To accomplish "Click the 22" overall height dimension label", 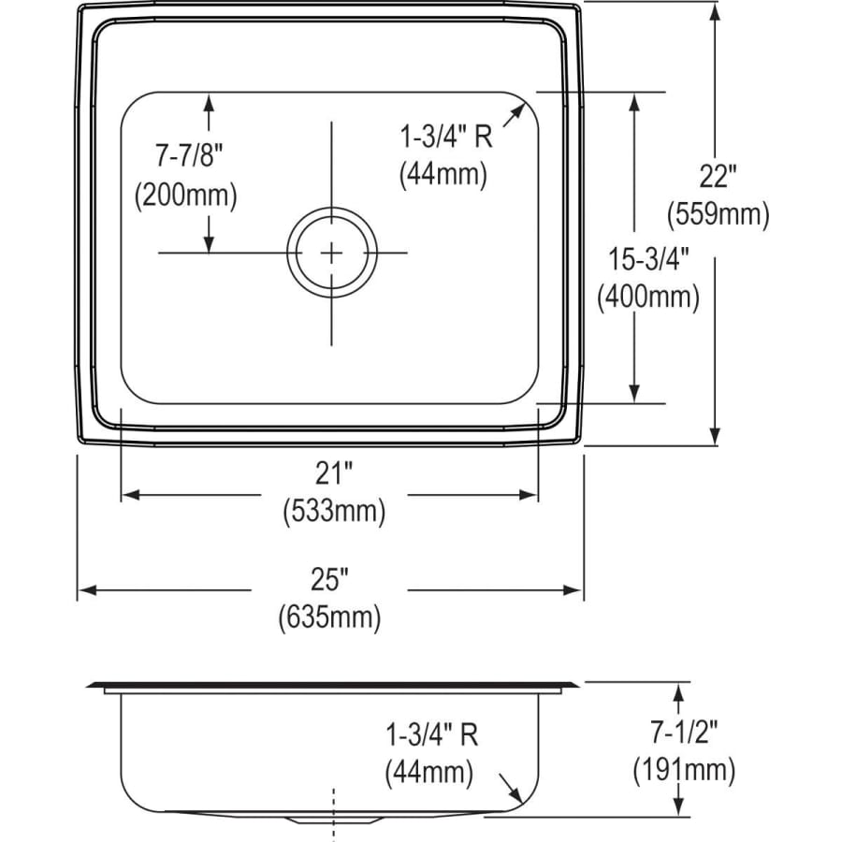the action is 718,176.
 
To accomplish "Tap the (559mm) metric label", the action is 718,214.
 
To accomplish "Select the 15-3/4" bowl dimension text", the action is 648,259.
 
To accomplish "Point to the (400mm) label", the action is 648,297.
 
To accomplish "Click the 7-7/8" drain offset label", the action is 188,155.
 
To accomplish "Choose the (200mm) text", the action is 186,195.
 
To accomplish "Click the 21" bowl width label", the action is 333,473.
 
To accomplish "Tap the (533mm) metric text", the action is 334,511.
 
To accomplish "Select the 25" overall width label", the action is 329,579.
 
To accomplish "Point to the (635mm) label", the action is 329,617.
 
